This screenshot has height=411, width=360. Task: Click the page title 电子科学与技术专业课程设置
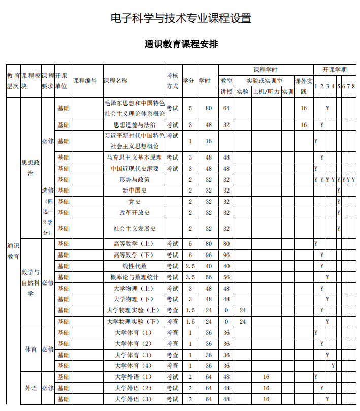(181, 19)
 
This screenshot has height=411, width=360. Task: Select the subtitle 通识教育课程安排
(181, 44)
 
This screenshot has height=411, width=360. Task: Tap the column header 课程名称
(115, 80)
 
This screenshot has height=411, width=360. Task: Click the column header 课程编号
(85, 80)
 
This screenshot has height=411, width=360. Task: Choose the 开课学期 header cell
(334, 69)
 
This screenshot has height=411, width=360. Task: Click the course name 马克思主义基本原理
(134, 157)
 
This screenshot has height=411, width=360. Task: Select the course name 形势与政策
(134, 179)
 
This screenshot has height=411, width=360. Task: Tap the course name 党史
(134, 202)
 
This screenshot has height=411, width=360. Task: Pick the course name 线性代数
(134, 266)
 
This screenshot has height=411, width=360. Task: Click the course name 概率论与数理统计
(134, 277)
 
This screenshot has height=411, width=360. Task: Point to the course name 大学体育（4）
(134, 366)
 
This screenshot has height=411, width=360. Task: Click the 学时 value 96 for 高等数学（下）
(208, 255)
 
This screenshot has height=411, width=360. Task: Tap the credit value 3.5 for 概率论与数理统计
(190, 277)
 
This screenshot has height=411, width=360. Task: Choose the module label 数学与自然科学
(30, 282)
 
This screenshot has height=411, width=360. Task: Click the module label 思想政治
(30, 168)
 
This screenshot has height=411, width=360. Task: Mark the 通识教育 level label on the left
(13, 251)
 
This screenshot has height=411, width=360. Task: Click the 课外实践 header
(304, 86)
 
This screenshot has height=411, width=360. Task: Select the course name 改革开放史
(134, 213)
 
